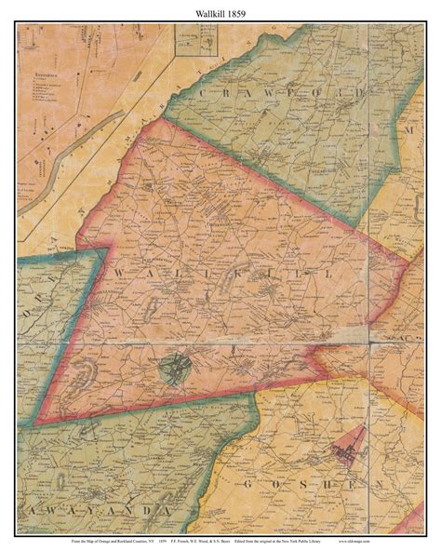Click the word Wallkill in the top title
[205, 12]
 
